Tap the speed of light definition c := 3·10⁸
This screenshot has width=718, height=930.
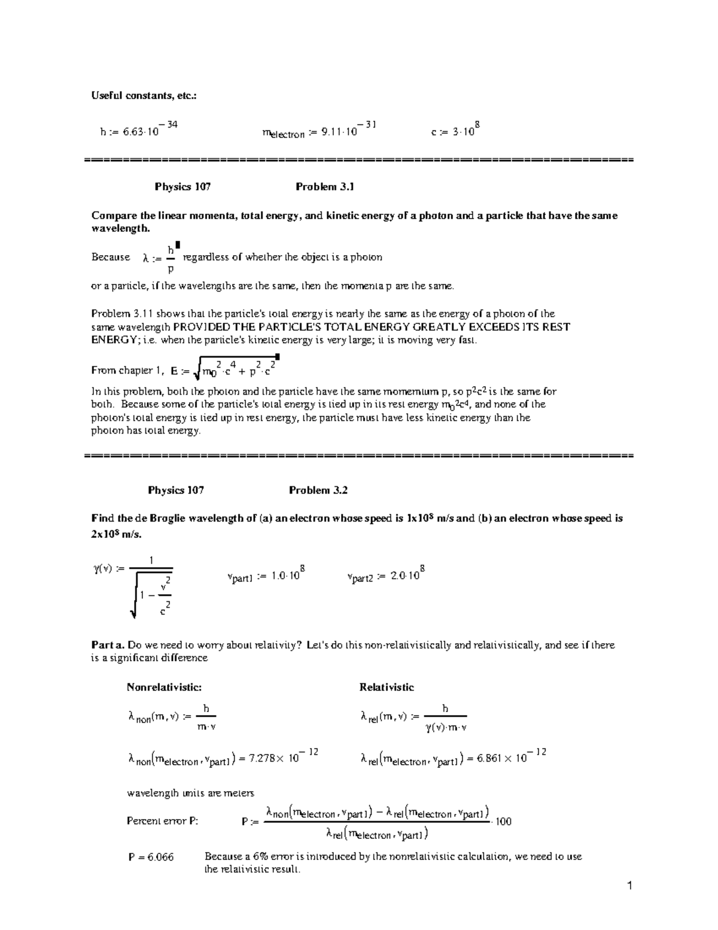(x=456, y=130)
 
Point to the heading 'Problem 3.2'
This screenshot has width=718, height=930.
(x=318, y=490)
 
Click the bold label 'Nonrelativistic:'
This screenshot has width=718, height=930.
(x=164, y=687)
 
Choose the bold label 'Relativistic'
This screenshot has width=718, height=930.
(x=387, y=687)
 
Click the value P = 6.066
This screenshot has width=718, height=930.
(x=151, y=857)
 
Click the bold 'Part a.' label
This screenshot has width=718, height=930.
(x=107, y=645)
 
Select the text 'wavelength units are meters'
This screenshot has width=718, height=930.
(x=191, y=793)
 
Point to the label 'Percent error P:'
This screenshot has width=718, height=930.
(x=162, y=821)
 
